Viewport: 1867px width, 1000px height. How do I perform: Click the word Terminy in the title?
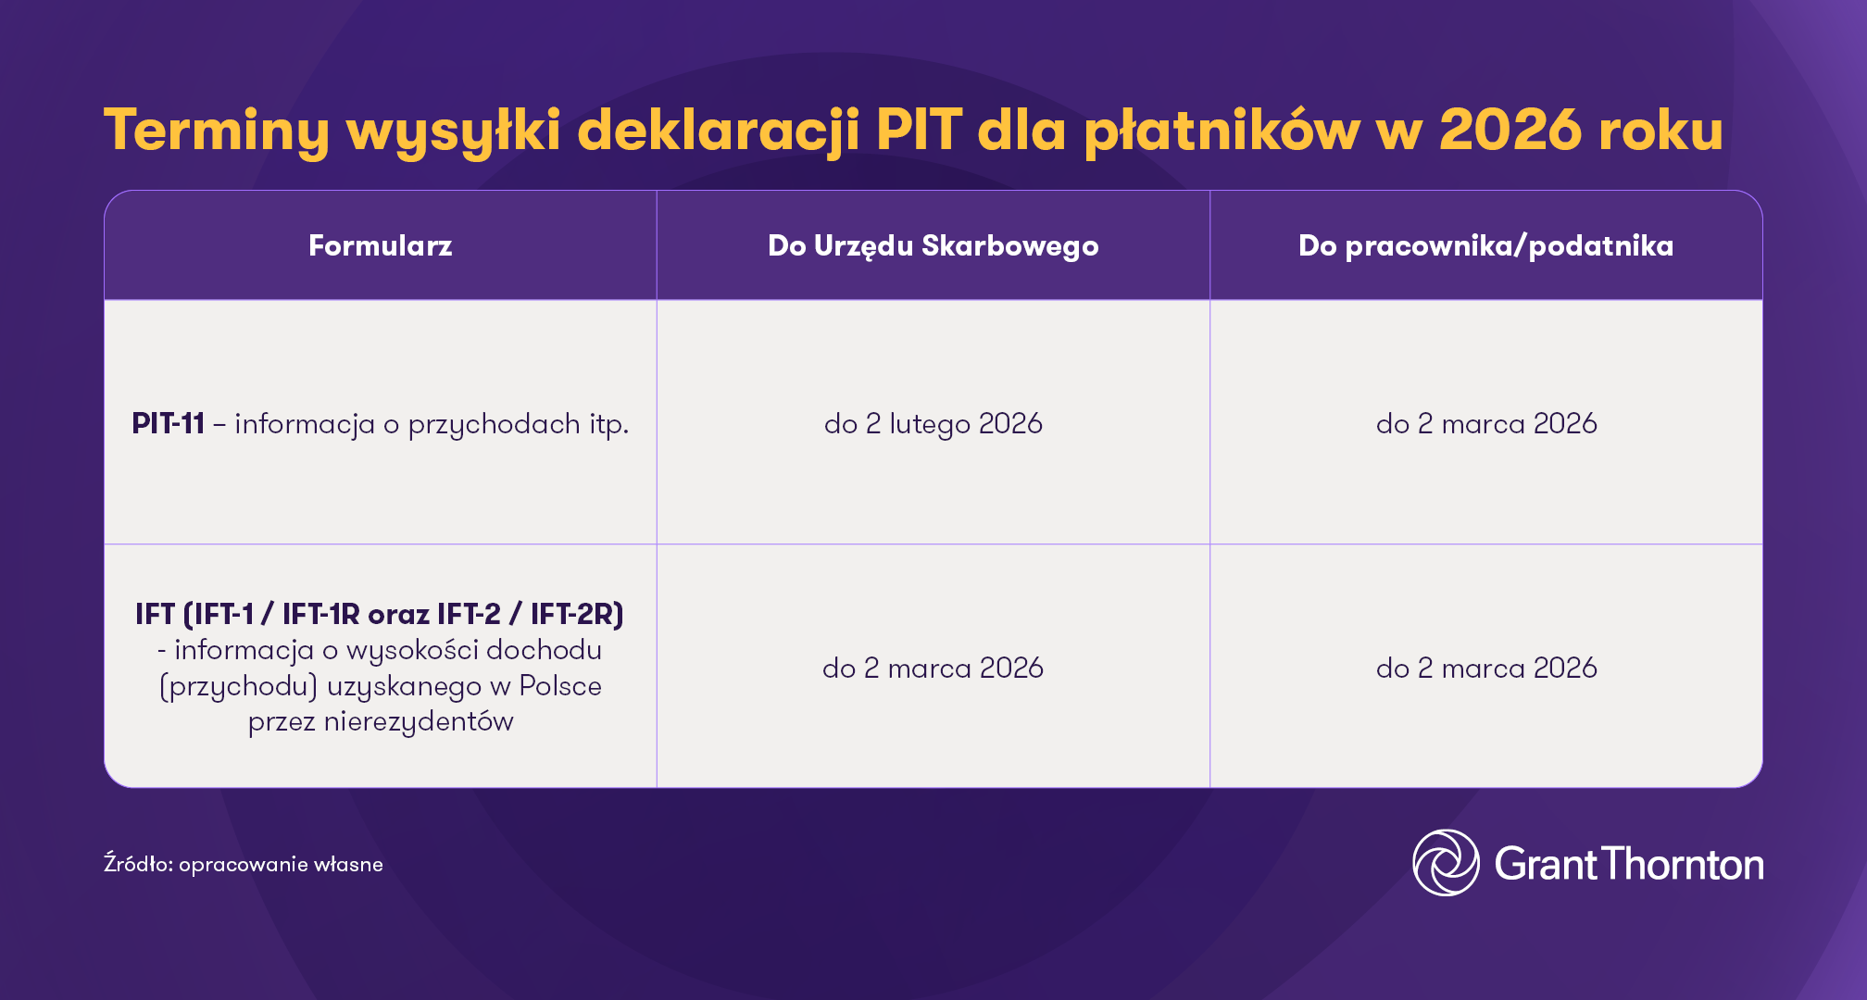(216, 130)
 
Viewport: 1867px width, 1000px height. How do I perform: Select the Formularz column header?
(380, 245)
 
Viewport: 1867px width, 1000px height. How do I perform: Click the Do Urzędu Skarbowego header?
(933, 245)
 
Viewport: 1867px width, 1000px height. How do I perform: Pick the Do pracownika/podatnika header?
(1485, 245)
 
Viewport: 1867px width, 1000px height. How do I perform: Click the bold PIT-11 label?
(169, 423)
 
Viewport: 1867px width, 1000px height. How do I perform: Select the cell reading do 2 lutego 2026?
(933, 423)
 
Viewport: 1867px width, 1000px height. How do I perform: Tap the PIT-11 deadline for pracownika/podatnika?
(1486, 423)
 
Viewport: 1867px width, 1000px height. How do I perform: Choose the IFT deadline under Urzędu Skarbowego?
(933, 668)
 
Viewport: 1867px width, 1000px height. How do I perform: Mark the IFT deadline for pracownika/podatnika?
(1486, 668)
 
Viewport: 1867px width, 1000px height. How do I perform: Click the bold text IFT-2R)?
(577, 614)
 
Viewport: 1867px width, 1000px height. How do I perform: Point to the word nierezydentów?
(419, 721)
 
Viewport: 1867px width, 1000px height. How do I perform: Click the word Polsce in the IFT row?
(560, 686)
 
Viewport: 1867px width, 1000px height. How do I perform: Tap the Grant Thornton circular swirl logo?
(1446, 863)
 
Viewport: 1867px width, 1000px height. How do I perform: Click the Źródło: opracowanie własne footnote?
(244, 864)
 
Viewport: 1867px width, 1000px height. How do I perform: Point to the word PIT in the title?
(919, 130)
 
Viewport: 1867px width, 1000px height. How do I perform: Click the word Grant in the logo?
(1545, 864)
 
